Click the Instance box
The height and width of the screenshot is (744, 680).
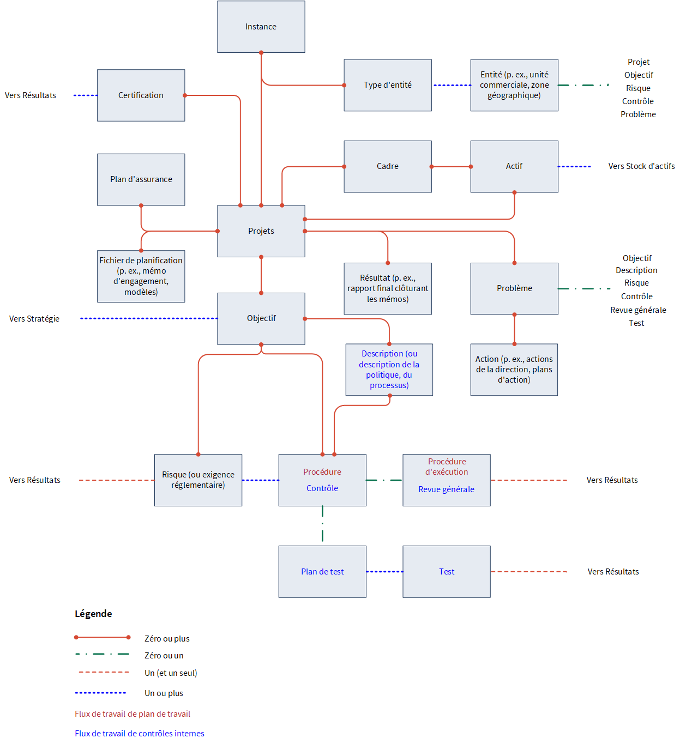pyautogui.click(x=261, y=27)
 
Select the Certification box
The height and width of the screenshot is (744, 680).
pyautogui.click(x=141, y=95)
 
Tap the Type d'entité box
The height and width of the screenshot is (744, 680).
pyautogui.click(x=388, y=85)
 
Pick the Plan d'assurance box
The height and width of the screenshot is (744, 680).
pyautogui.click(x=141, y=179)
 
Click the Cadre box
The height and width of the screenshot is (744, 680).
pyautogui.click(x=388, y=167)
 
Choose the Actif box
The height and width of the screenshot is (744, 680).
pyautogui.click(x=514, y=167)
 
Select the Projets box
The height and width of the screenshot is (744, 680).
pyautogui.click(x=261, y=231)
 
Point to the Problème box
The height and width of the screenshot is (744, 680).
pyautogui.click(x=514, y=288)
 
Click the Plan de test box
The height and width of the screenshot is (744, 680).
pyautogui.click(x=322, y=572)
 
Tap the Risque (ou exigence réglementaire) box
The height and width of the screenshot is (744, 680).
pyautogui.click(x=198, y=480)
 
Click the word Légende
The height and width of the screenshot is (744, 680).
pyautogui.click(x=93, y=614)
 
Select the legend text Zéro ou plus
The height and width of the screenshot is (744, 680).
pyautogui.click(x=167, y=638)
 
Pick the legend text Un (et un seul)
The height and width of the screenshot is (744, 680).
pyautogui.click(x=171, y=673)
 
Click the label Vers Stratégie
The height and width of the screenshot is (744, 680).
pyautogui.click(x=34, y=319)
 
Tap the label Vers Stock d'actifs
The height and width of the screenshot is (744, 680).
pyautogui.click(x=641, y=166)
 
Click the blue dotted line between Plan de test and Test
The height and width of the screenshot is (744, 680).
pyautogui.click(x=384, y=572)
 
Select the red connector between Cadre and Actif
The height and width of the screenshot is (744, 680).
pyautogui.click(x=451, y=167)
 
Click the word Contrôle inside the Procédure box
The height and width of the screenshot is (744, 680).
pyautogui.click(x=322, y=488)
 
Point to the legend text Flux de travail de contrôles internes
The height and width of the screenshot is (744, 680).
pyautogui.click(x=140, y=733)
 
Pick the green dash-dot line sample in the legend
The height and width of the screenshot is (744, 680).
pyautogui.click(x=102, y=654)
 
